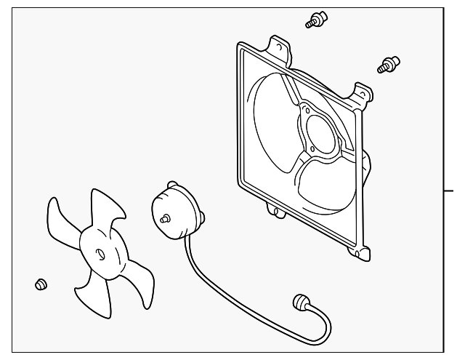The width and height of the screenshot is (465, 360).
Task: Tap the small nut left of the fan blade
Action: [41, 283]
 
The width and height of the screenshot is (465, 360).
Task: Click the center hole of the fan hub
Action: [100, 254]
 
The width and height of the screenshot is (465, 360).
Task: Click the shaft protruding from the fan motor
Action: [166, 217]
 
